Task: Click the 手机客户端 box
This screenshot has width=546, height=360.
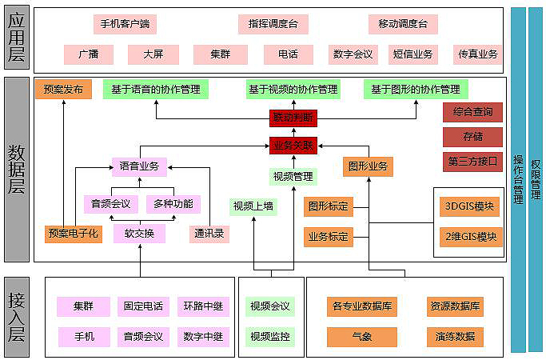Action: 125,24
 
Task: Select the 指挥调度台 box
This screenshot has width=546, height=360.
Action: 273,24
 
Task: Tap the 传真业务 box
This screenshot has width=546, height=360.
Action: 477,54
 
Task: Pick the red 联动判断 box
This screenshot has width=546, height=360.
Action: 293,118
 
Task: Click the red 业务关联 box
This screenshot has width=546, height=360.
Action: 293,146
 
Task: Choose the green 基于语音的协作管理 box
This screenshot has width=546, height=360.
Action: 156,90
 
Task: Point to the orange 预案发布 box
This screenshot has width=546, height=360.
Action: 63,90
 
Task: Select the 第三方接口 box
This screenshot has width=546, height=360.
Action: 472,162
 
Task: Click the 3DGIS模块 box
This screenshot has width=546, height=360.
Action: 469,206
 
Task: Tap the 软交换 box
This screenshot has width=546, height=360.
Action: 139,234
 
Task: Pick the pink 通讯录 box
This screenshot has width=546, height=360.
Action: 209,234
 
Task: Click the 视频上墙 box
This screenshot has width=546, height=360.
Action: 253,206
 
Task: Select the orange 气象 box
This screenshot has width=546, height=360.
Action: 362,337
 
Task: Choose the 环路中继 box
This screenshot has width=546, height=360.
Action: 203,306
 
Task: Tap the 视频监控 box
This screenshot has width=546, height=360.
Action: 270,337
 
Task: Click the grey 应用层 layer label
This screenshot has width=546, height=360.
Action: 17,38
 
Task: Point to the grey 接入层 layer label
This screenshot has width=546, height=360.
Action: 17,317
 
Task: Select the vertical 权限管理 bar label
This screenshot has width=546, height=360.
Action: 535,179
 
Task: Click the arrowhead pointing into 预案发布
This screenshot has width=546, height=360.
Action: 64,102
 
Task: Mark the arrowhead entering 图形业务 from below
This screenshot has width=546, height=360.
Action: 369,179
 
